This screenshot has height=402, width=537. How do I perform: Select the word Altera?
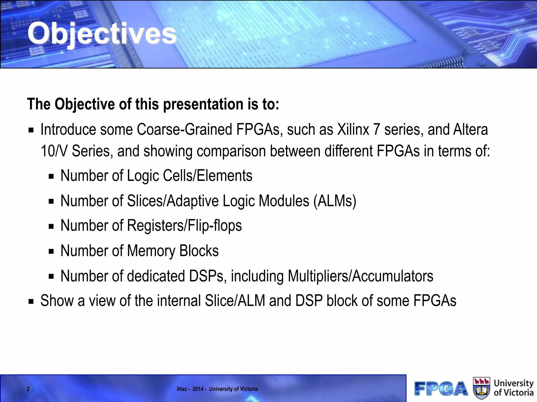pos(471,130)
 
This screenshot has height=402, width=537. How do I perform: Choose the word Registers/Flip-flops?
pos(184,226)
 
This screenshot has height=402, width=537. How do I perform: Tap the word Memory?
pos(151,251)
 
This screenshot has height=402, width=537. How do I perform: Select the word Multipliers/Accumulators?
pos(361,276)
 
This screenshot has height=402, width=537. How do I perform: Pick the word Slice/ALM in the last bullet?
pos(235,301)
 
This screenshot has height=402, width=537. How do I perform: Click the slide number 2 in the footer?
pos(28,389)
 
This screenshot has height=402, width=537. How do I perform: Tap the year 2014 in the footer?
pos(198,389)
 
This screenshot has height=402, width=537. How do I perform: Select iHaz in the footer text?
pos(181,389)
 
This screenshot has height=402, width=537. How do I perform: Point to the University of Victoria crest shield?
pos(481,388)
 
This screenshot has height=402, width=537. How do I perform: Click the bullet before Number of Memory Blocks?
pos(51,252)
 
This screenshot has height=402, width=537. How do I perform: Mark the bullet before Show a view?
pos(31,301)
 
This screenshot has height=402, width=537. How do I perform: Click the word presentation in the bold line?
pos(203,104)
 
